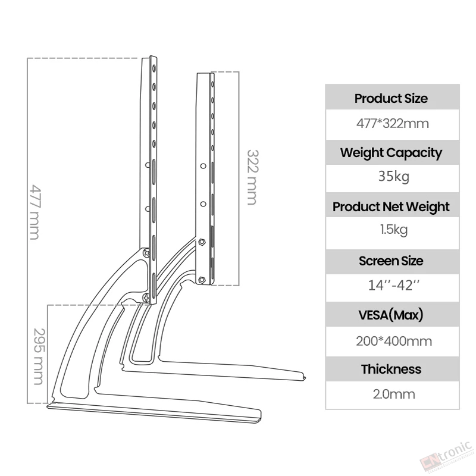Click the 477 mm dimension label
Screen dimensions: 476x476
pos(35,212)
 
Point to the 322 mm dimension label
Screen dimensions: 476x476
pos(252,177)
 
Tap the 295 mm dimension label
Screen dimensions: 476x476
pos(39,356)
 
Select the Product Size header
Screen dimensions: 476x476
pos(391,99)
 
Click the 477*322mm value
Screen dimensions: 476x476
pos(392,124)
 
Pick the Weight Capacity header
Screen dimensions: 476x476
pos(391,153)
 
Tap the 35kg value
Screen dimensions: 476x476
pos(393,176)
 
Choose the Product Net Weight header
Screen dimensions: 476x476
pos(391,206)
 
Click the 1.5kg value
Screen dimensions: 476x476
pos(394,230)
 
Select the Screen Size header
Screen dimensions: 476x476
pos(391,261)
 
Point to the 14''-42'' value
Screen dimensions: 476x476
pos(393,286)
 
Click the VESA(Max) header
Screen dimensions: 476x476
pos(391,315)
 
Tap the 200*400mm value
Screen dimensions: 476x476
pos(394,341)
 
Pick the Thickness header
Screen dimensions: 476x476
pos(391,369)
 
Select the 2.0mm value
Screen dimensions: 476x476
pos(394,394)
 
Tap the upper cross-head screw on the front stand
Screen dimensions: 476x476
pos(146,252)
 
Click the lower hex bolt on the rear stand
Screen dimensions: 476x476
pos(201,280)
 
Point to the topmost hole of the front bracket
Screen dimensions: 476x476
pos(154,68)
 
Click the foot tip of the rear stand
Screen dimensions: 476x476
pos(304,377)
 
